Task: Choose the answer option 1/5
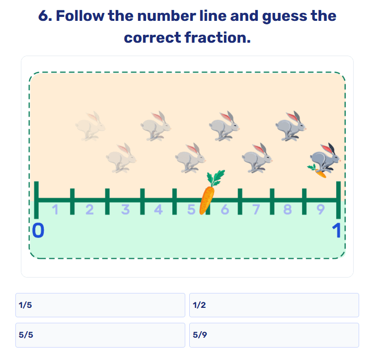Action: tap(100, 305)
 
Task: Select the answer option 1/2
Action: tap(274, 305)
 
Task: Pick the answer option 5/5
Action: tap(100, 335)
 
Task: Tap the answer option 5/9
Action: tap(274, 335)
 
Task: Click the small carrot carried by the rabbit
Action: tap(317, 171)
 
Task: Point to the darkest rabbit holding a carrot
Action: tap(325, 158)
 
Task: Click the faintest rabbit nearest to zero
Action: tap(90, 126)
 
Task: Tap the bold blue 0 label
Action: tap(38, 230)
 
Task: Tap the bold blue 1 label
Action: tap(337, 230)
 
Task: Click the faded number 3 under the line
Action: tap(125, 209)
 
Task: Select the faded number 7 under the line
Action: tap(256, 209)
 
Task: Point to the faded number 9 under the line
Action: tap(320, 209)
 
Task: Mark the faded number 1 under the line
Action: tap(56, 209)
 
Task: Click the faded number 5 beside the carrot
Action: tap(191, 209)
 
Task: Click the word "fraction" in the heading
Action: tap(218, 38)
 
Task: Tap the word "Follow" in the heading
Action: tap(80, 16)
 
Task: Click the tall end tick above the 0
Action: tap(36, 200)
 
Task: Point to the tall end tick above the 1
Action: tap(338, 200)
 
